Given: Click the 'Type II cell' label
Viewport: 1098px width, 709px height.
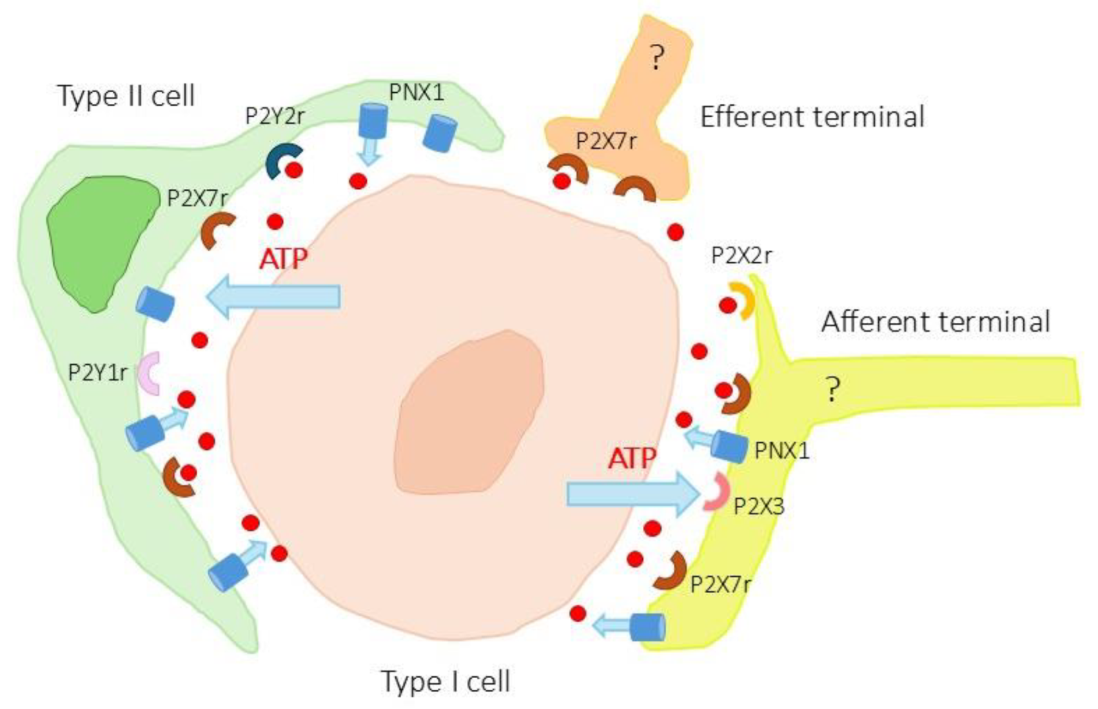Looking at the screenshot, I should [126, 97].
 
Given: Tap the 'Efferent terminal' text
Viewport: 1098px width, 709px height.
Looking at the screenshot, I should [812, 117].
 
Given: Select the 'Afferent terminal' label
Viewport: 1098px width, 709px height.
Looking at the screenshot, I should [936, 322].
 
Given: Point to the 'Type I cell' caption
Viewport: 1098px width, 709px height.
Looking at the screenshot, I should [446, 681].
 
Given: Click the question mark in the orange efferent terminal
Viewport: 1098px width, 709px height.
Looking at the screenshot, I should [656, 59].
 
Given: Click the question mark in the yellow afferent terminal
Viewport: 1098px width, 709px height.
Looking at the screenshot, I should [833, 390].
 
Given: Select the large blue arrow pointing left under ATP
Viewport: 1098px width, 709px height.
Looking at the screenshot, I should [273, 296].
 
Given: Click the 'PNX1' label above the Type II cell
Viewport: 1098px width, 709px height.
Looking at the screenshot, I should [417, 93].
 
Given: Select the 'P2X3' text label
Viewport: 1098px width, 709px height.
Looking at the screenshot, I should [759, 507].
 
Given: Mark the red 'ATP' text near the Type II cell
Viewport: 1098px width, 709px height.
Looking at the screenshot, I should [284, 259].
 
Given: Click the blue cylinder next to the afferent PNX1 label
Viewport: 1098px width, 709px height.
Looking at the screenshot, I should [729, 447].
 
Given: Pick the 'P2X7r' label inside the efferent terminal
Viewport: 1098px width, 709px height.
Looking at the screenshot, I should [605, 141].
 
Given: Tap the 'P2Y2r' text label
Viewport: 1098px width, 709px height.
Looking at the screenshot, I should [275, 116].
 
